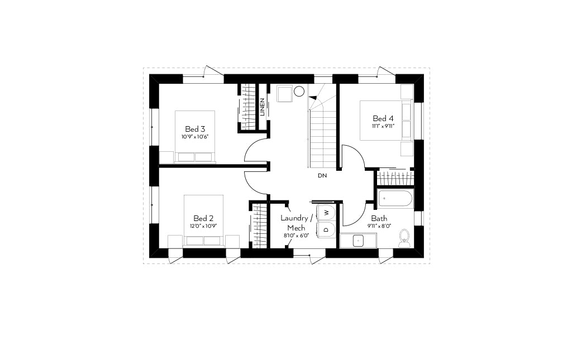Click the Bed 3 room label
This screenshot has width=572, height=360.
195,129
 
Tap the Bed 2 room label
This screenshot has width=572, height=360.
203,218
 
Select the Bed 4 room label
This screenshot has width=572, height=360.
383,118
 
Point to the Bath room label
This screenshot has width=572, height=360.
379,219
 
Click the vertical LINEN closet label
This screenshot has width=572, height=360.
263,107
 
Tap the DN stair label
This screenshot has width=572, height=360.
322,176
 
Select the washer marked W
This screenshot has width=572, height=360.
327,212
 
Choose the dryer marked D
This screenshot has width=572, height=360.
327,229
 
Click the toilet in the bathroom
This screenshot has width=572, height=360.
404,238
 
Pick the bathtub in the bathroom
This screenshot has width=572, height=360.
395,199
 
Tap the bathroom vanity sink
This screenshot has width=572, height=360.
359,241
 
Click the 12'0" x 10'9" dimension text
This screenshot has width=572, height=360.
203,226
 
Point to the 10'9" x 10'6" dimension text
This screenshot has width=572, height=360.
195,137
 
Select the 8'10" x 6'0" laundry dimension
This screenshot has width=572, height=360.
296,236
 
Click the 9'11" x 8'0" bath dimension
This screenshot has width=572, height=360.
379,226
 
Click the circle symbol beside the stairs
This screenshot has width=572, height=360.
299,91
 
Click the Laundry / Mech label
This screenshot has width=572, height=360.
297,223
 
